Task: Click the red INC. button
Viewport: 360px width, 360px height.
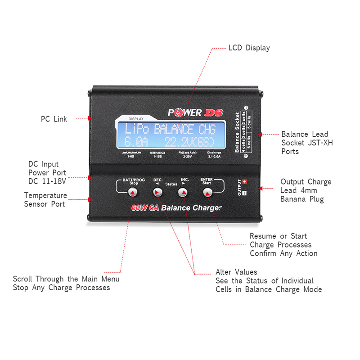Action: [182, 193]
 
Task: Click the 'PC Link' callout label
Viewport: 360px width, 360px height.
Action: [54, 119]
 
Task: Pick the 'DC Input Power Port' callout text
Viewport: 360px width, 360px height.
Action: [47, 172]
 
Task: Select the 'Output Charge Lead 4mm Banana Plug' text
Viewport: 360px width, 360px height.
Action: [306, 190]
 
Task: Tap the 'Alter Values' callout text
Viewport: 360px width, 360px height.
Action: [236, 272]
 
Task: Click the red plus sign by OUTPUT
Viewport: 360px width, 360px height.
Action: [245, 182]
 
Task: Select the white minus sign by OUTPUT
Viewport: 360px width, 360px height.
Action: [244, 193]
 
